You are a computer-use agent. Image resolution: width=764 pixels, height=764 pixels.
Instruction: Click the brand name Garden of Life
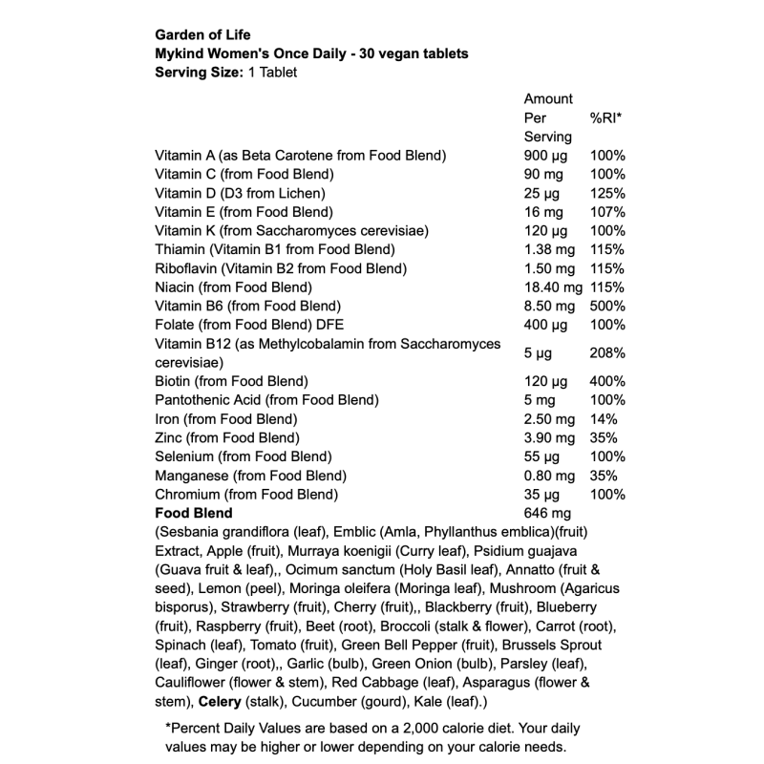click(x=203, y=36)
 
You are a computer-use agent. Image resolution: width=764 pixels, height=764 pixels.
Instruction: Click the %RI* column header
click(x=605, y=117)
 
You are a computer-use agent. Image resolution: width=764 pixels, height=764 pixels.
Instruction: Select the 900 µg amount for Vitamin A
click(x=546, y=156)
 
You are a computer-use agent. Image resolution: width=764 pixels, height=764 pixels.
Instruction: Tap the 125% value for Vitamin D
click(x=607, y=193)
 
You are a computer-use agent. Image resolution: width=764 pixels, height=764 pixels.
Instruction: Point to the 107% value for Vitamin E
click(x=607, y=212)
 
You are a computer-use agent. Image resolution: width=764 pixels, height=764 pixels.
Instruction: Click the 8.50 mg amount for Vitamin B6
click(x=549, y=307)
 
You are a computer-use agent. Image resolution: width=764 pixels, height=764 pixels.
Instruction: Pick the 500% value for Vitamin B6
click(x=607, y=307)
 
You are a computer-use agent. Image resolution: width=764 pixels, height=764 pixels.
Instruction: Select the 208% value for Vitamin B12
click(x=607, y=353)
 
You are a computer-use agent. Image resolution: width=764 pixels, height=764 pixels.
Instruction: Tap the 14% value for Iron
click(x=604, y=419)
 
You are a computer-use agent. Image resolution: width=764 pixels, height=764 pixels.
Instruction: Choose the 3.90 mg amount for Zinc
click(x=549, y=438)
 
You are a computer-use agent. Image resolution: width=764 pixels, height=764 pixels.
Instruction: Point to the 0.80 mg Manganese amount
click(x=549, y=476)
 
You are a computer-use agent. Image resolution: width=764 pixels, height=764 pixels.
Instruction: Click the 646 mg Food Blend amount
click(x=547, y=514)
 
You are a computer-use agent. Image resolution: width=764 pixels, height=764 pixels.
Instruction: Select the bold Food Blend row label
click(x=193, y=514)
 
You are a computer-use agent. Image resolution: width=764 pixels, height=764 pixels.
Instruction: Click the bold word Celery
click(x=221, y=703)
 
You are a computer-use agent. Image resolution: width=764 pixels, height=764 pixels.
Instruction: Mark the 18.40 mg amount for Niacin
click(x=553, y=287)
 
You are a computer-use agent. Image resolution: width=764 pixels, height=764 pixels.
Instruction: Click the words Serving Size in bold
click(x=196, y=73)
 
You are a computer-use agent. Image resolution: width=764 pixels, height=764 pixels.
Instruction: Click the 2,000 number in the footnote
click(x=406, y=728)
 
